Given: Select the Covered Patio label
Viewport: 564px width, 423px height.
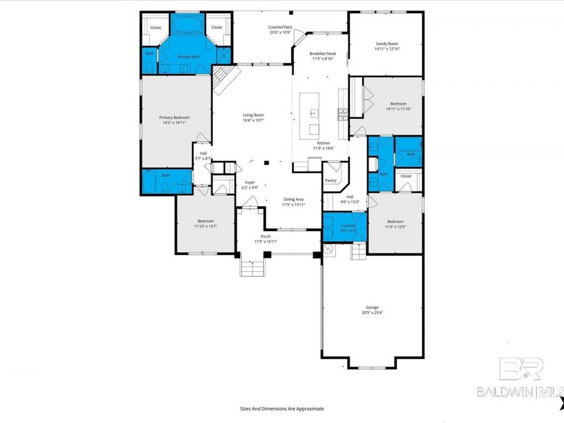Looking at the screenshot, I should [280, 27].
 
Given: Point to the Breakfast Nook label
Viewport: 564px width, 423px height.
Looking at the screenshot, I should [323, 53].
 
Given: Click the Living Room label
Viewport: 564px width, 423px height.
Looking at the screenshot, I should [253, 115].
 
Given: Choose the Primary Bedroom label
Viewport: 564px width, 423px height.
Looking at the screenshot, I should [174, 117].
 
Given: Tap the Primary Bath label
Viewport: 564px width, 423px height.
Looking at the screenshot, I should [188, 57].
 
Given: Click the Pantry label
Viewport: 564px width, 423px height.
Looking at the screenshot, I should [330, 180].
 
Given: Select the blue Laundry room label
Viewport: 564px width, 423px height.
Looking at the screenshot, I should [348, 225].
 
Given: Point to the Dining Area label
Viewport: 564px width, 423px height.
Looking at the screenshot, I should [293, 199].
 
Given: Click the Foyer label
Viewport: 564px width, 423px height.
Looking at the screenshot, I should [249, 182].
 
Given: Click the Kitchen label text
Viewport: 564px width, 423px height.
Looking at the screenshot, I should [323, 143].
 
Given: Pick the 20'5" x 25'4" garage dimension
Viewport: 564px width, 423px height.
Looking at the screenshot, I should [372, 313].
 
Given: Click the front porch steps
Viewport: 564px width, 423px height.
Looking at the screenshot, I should [251, 268].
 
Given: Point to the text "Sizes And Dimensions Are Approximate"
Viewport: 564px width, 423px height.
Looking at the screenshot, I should [281, 408].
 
